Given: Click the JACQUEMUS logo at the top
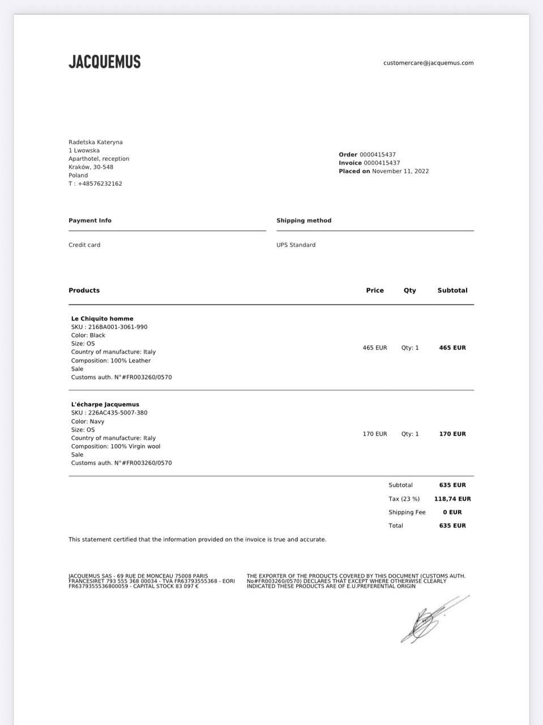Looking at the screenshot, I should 105,62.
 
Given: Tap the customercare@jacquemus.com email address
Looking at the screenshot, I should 428,63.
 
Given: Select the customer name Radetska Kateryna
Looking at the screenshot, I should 96,142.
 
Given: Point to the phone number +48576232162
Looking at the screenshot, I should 100,184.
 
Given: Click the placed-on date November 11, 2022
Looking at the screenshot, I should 400,171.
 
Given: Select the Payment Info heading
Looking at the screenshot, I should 90,220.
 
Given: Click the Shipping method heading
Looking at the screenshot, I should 304,220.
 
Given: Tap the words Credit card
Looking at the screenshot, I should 84,245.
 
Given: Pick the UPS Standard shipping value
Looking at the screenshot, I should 296,245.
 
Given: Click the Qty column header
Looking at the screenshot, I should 410,290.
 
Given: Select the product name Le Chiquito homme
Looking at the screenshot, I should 102,318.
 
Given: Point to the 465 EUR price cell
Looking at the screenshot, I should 375,348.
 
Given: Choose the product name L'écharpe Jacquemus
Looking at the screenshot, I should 105,404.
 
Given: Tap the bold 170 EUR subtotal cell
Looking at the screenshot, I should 452,434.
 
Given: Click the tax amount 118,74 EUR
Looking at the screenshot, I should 452,499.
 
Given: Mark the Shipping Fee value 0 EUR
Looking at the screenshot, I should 452,512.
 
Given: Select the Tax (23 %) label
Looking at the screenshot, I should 404,499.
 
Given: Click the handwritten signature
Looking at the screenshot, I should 430,620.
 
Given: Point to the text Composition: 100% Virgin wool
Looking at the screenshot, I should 116,446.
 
